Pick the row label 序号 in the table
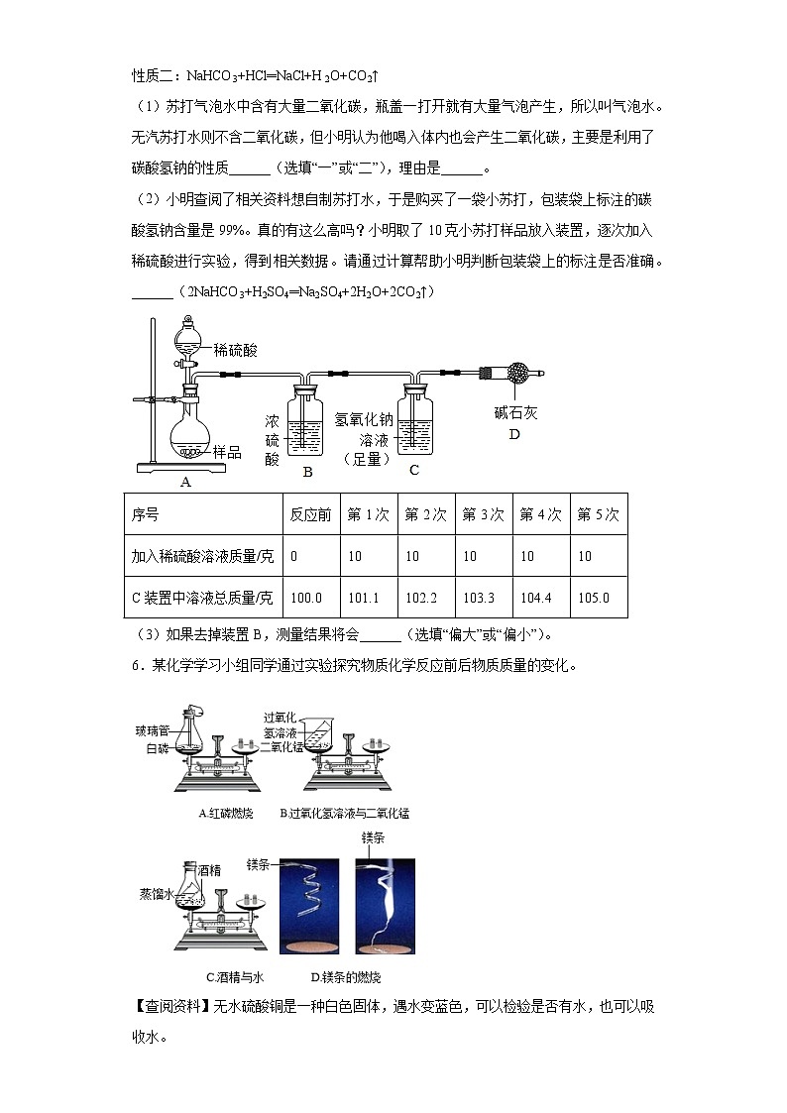[x=146, y=514]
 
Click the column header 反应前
[x=309, y=514]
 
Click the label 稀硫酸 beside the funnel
[x=236, y=349]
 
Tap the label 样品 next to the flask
[x=228, y=451]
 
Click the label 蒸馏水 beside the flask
[x=156, y=893]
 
